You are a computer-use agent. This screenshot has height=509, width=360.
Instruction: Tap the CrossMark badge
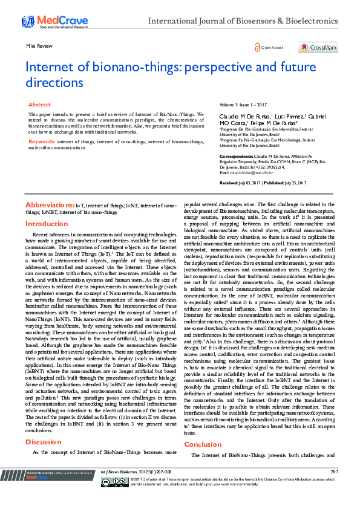318,47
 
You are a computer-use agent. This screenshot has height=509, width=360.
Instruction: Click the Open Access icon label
270,47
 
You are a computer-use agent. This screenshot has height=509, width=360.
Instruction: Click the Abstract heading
40,105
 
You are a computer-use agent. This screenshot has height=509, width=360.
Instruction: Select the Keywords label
42,141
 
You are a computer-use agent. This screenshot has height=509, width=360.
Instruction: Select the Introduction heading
47,224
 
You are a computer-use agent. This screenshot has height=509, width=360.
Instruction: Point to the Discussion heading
44,441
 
